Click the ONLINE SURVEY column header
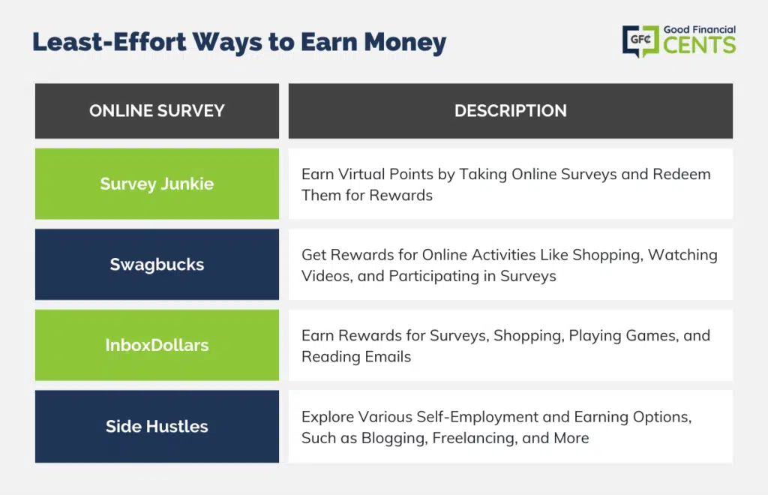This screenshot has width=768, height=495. (x=157, y=111)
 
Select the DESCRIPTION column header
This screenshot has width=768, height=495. (x=510, y=111)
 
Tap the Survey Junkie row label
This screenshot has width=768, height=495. (x=157, y=184)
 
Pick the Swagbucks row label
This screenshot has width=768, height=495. (x=157, y=265)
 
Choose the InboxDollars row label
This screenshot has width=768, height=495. (x=157, y=345)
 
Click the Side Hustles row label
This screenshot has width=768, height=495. (x=157, y=427)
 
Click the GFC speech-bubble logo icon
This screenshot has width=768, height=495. (x=640, y=41)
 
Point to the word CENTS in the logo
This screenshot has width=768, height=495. (x=700, y=46)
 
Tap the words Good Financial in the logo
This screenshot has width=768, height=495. (x=700, y=29)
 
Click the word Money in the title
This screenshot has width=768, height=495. (x=405, y=42)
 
